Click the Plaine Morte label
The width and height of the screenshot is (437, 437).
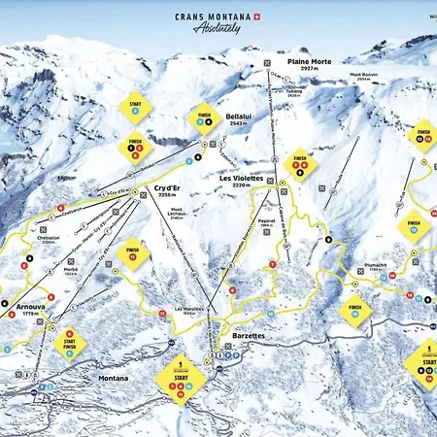309,62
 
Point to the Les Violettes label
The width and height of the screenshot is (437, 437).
241,179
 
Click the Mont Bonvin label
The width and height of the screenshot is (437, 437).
364,76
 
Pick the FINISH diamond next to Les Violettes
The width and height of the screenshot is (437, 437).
300,161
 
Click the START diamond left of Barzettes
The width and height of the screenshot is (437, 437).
180,380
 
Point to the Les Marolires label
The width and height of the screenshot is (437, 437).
189,311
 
